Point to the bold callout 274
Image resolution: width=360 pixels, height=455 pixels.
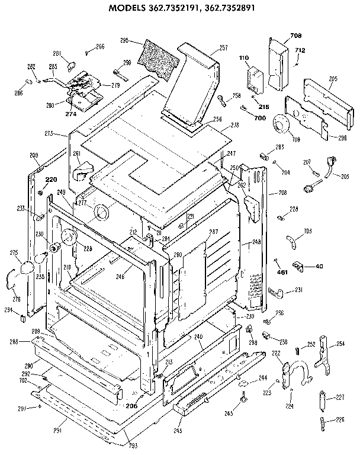71,114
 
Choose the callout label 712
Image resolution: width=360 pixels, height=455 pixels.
300,50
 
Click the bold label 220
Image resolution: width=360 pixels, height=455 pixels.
52,180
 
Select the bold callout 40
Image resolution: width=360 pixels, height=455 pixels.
320,266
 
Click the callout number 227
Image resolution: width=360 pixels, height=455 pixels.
340,397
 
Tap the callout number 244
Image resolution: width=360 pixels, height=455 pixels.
262,377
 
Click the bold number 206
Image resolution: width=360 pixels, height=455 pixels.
131,406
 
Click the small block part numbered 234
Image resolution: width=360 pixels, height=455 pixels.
22,318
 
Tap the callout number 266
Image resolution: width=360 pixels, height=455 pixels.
100,46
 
